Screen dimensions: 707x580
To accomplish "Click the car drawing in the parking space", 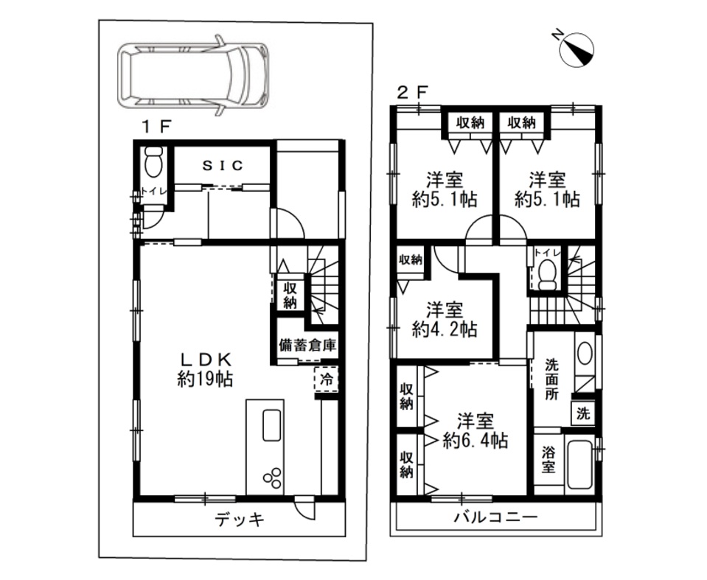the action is pyautogui.click(x=193, y=75).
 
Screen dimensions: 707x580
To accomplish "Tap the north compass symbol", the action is pyautogui.click(x=576, y=50).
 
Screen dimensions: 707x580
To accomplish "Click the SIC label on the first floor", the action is pyautogui.click(x=223, y=165).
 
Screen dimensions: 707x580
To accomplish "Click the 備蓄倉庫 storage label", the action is pyautogui.click(x=307, y=345).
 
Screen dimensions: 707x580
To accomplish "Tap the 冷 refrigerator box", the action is pyautogui.click(x=327, y=380).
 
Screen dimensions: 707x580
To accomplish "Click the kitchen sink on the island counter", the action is pyautogui.click(x=272, y=425).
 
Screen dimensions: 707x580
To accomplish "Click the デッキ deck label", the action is pyautogui.click(x=239, y=520).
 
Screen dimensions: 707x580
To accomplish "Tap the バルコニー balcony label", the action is pyautogui.click(x=495, y=517).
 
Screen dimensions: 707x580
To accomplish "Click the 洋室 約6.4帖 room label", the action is pyautogui.click(x=476, y=431).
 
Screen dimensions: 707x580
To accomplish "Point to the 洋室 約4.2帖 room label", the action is pyautogui.click(x=445, y=320).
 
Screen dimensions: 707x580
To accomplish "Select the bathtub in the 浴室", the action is pyautogui.click(x=579, y=464).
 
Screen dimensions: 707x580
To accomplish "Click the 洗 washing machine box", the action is pyautogui.click(x=583, y=413).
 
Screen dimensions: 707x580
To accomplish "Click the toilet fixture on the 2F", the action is pyautogui.click(x=548, y=275).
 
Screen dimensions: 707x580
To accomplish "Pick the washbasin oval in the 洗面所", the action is pyautogui.click(x=585, y=353).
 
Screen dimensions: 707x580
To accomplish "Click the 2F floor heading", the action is pyautogui.click(x=411, y=92).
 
